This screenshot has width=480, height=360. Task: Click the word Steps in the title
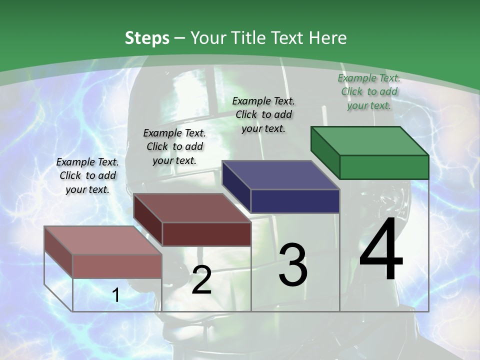[x=147, y=38]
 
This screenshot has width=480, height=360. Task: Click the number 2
[x=201, y=280]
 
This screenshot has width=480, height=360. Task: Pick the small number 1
[x=116, y=295]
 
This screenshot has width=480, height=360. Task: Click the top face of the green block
[x=369, y=140]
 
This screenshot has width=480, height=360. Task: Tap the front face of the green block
[x=384, y=167]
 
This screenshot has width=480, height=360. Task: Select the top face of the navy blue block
[x=280, y=175]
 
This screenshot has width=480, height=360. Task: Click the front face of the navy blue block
[x=295, y=201]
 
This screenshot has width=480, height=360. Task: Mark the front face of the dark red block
[x=206, y=234]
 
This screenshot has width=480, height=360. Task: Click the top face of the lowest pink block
[x=103, y=240]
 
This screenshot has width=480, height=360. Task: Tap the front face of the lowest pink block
[x=117, y=266]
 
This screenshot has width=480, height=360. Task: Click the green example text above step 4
[x=369, y=91]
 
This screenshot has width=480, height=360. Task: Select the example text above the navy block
[x=263, y=114]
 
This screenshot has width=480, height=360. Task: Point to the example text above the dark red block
[x=174, y=146]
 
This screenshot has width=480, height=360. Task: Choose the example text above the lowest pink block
[x=87, y=175]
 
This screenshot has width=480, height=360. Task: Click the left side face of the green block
[x=325, y=152]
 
